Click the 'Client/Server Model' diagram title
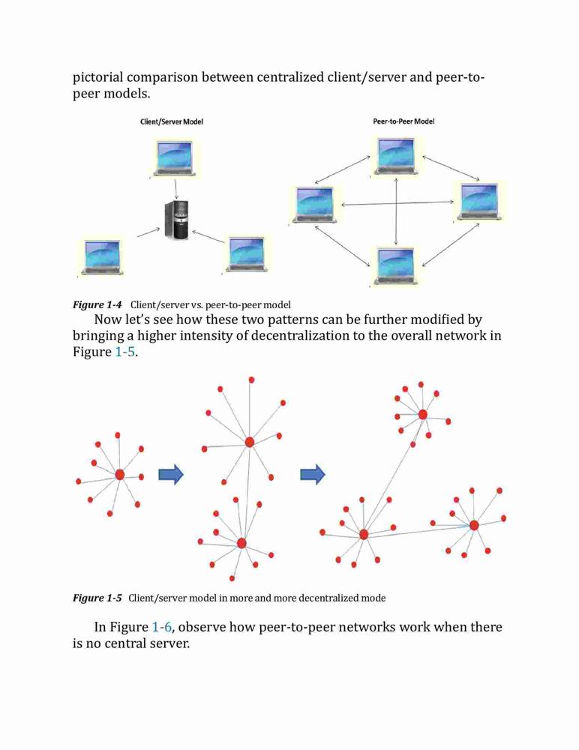(171, 121)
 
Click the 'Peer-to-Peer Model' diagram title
(403, 121)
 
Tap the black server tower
(176, 220)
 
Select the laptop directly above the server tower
(174, 157)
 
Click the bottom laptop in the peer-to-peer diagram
(396, 265)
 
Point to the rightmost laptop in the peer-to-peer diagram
(479, 201)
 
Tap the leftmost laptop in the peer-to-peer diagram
(315, 205)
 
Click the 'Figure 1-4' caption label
(97, 304)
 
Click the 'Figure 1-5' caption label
(97, 598)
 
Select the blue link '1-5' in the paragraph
(125, 352)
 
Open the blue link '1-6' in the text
(162, 626)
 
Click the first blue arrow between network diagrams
(171, 475)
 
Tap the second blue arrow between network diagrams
(313, 475)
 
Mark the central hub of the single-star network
(120, 475)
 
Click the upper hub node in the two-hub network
(249, 442)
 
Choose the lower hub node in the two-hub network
(241, 543)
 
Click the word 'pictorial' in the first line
(97, 77)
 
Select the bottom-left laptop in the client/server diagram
(102, 257)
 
